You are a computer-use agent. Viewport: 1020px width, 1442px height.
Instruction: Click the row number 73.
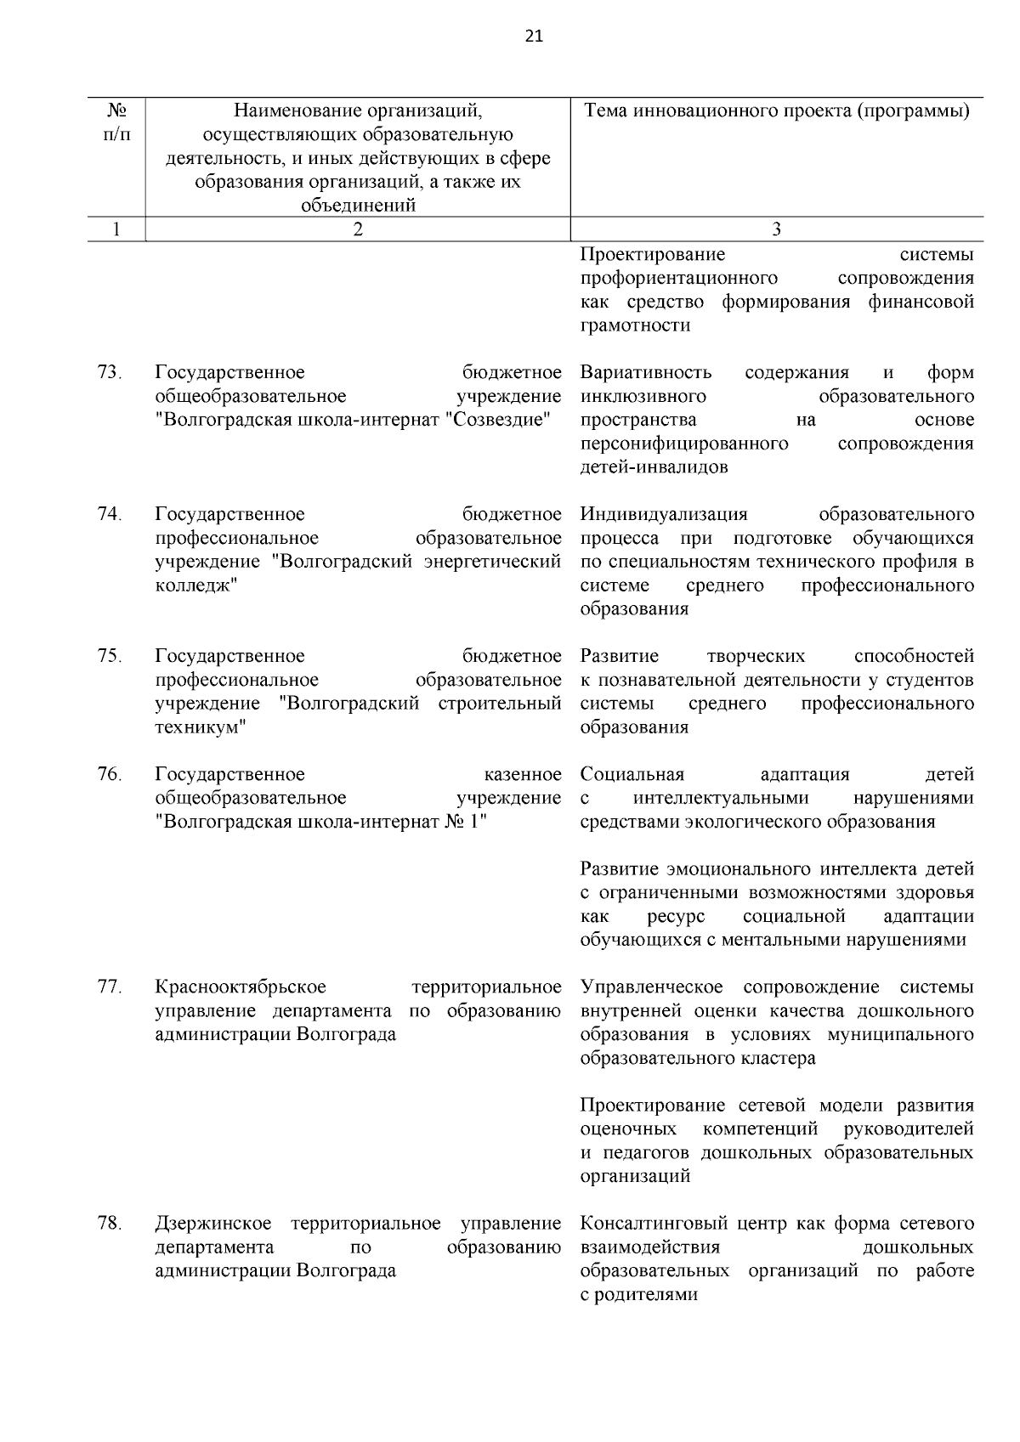109,373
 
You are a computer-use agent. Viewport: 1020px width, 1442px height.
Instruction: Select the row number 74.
109,515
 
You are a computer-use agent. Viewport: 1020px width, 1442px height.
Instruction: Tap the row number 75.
109,657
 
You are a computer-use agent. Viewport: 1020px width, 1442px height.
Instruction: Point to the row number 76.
109,775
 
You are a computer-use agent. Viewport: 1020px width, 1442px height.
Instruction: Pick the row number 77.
109,987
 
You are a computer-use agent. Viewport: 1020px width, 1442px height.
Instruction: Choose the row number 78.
109,1224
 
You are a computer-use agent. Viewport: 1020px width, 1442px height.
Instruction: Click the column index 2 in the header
357,229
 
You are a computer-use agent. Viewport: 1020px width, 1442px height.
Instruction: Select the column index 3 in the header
776,229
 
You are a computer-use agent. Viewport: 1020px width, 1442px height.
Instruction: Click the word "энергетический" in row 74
492,563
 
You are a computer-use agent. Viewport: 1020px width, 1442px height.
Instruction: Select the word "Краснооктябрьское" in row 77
241,987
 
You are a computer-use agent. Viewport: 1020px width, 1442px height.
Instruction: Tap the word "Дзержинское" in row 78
213,1224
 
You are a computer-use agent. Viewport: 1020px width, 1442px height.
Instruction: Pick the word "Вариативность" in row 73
646,373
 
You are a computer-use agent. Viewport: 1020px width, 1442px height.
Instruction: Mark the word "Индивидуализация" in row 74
664,515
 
